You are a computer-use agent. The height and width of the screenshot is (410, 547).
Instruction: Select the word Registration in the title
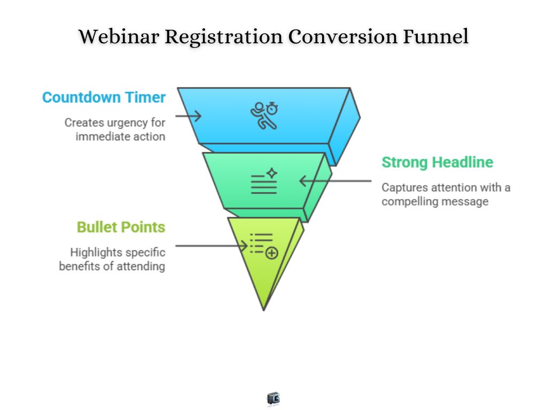click(x=223, y=37)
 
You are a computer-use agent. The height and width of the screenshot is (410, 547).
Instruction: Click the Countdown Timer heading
click(x=104, y=98)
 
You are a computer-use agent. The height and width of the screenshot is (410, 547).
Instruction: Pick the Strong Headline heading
click(x=437, y=162)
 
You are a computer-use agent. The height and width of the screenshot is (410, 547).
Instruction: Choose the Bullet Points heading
click(x=121, y=227)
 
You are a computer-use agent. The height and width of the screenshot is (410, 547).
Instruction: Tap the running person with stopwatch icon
click(x=265, y=115)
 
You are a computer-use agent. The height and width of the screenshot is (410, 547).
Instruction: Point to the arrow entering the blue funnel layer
click(x=187, y=115)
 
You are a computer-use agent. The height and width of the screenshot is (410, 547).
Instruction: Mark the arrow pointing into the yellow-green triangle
click(x=212, y=246)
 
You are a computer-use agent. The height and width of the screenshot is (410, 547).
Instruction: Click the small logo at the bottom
click(x=273, y=398)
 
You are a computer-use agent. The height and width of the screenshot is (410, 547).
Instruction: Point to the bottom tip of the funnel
click(x=264, y=309)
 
